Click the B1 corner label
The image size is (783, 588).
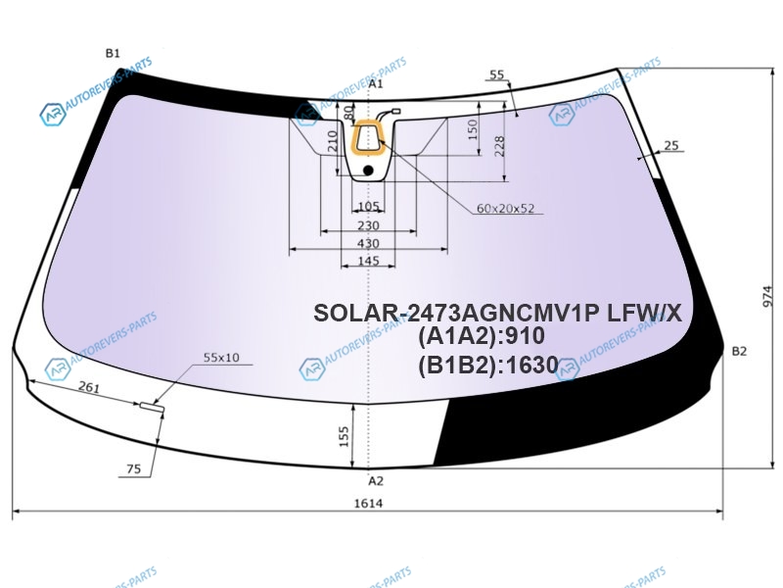click(x=113, y=53)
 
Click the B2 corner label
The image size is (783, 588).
click(x=739, y=351)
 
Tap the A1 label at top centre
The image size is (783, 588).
click(x=376, y=83)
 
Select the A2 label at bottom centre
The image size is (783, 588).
click(x=376, y=481)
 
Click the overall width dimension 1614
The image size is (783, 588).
click(x=369, y=503)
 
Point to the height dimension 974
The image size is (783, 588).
click(x=768, y=297)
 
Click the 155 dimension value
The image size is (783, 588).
click(x=344, y=436)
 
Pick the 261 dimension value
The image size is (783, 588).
click(x=89, y=386)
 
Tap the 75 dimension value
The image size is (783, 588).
click(x=134, y=469)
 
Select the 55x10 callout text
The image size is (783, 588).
click(x=221, y=358)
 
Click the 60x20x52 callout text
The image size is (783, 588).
click(x=505, y=209)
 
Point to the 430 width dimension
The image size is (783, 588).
click(x=368, y=243)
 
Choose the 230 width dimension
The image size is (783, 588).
click(x=368, y=225)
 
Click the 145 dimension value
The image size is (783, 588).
click(x=369, y=261)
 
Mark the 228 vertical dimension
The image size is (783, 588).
click(x=499, y=146)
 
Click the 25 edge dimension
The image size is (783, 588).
click(x=671, y=145)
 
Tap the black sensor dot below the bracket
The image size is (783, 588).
click(x=368, y=171)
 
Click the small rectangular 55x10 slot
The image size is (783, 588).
click(x=152, y=407)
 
